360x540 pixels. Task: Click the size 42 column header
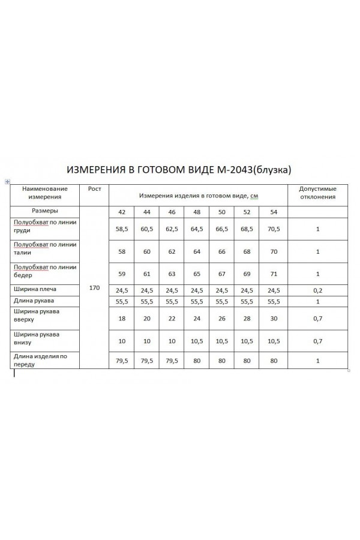point(122,212)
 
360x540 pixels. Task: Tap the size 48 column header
point(197,212)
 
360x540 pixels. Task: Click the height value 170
point(94,288)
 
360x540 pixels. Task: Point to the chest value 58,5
point(122,229)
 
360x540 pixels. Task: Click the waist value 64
point(197,252)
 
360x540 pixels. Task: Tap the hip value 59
point(122,274)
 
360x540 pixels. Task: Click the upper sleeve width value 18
point(122,318)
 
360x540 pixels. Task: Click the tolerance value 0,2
point(317,290)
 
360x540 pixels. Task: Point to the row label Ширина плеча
point(35,290)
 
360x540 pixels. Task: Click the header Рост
point(94,188)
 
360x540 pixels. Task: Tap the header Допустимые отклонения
point(317,192)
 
